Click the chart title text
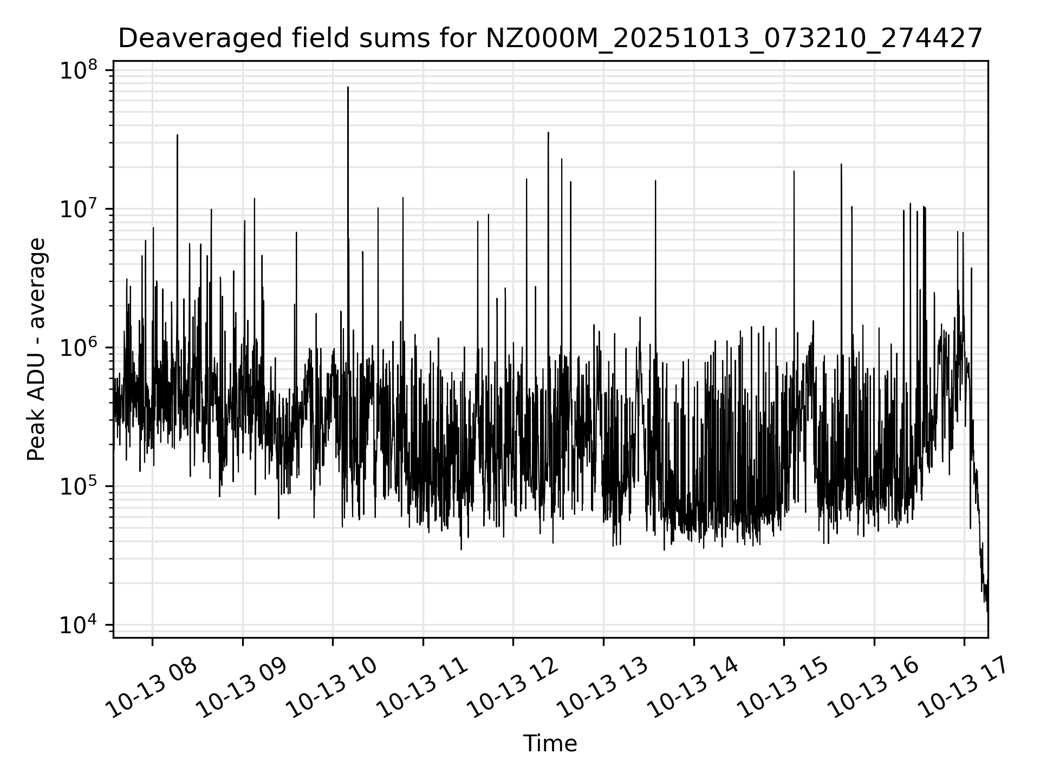pos(550,39)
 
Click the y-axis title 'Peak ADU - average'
pos(36,349)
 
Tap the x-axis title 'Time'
pos(550,744)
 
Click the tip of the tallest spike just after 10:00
pos(348,87)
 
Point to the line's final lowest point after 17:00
pos(987,612)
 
